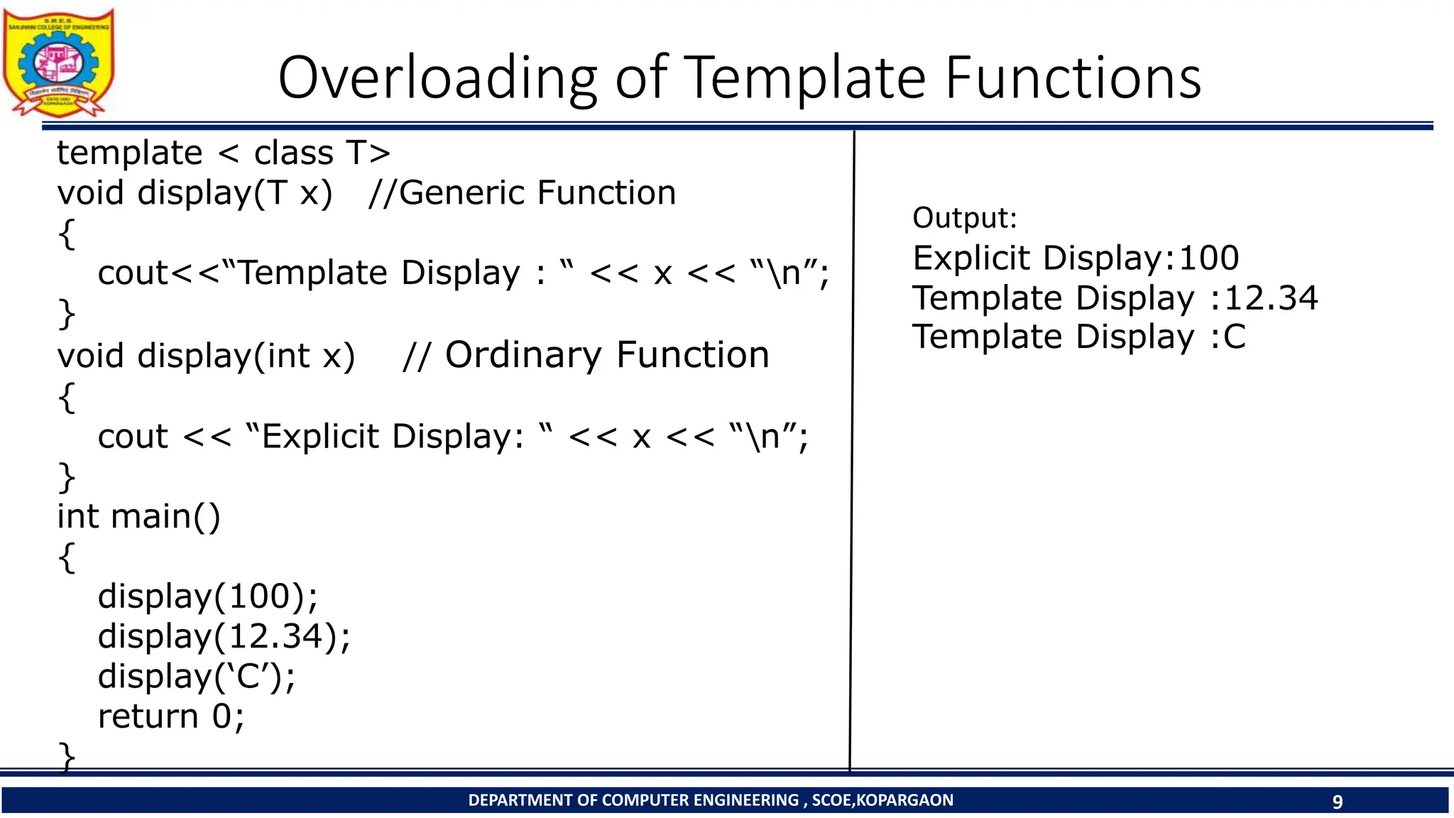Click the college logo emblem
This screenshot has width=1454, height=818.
[x=58, y=62]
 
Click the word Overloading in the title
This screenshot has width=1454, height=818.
[x=437, y=77]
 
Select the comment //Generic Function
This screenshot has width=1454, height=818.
[x=522, y=193]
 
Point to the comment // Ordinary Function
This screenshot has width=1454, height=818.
[x=586, y=355]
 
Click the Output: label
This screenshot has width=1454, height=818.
[x=964, y=218]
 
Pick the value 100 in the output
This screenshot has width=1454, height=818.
[x=1208, y=258]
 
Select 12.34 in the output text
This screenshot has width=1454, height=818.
[x=1271, y=298]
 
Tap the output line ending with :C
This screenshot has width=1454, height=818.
[x=1079, y=337]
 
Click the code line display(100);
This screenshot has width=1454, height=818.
[x=208, y=596]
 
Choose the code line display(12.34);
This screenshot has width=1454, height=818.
[x=224, y=636]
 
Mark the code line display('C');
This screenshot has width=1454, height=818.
[x=197, y=676]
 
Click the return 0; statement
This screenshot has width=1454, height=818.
[x=171, y=716]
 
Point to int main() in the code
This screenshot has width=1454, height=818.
[x=139, y=516]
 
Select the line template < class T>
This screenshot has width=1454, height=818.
[x=224, y=153]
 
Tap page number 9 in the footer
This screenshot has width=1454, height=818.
[x=1337, y=802]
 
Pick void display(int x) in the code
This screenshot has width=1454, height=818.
[x=206, y=355]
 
